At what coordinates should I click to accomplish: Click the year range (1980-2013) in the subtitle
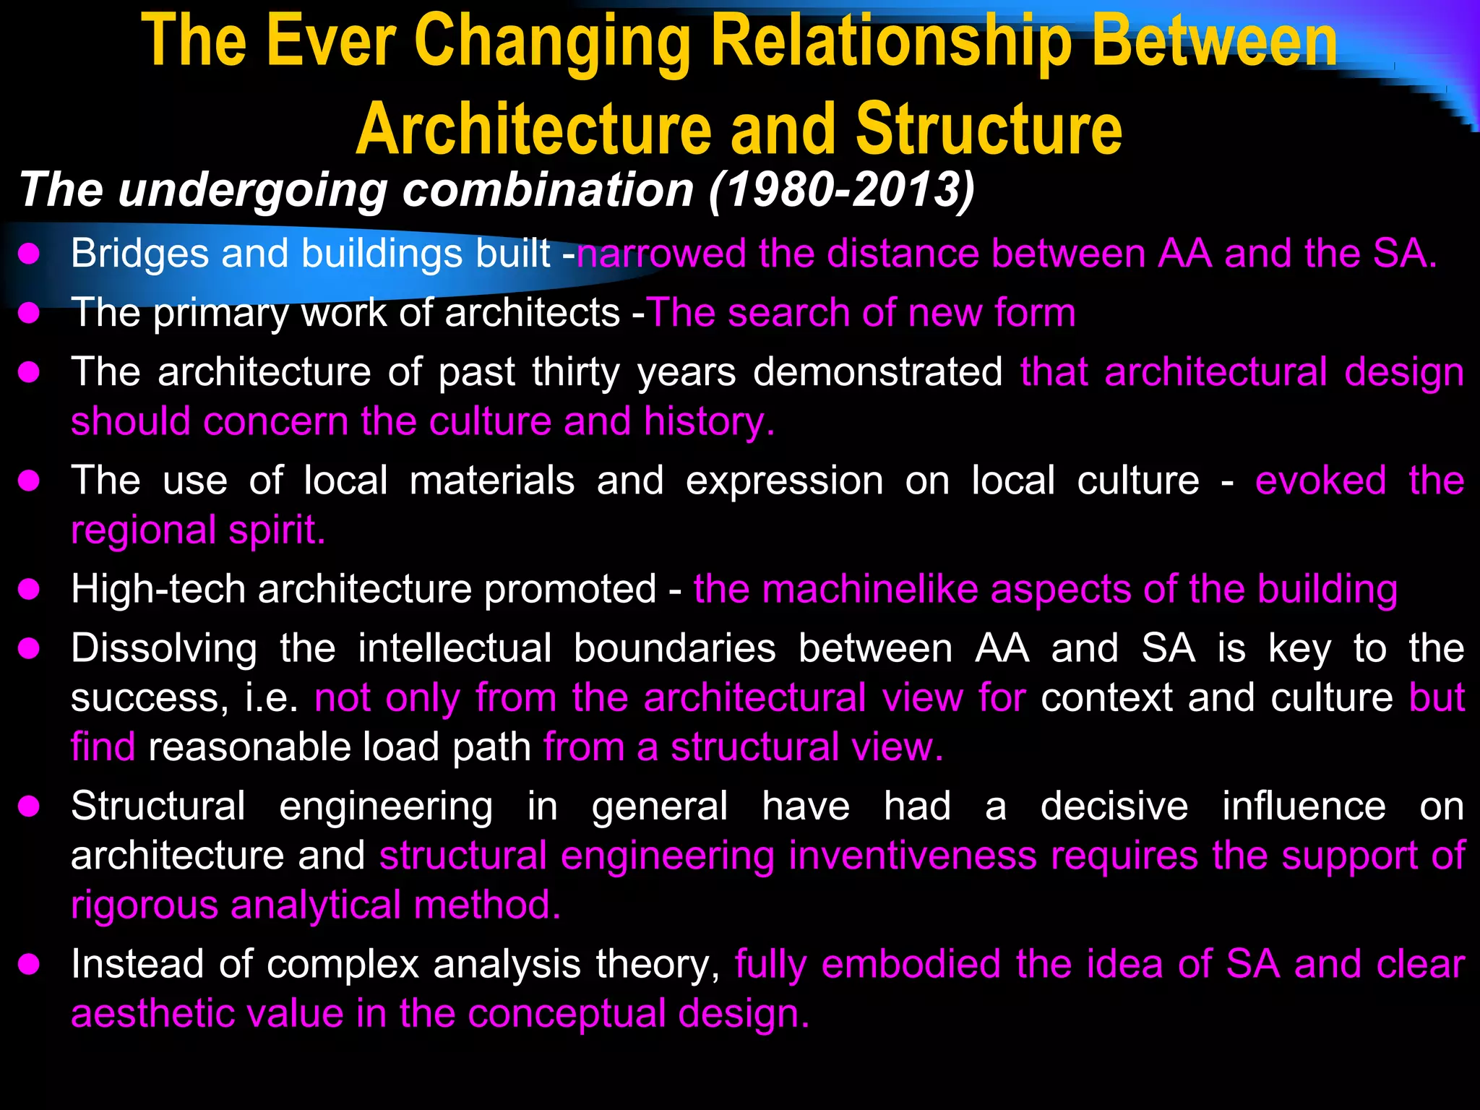(x=841, y=190)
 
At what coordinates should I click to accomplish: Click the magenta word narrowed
(x=661, y=254)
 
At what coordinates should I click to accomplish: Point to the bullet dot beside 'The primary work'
(x=29, y=313)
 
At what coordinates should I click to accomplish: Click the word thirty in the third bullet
(x=576, y=372)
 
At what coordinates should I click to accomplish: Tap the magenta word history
(x=709, y=421)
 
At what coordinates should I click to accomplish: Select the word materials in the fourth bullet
(x=491, y=481)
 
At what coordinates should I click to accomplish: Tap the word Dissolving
(x=163, y=648)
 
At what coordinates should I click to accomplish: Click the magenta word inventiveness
(x=913, y=856)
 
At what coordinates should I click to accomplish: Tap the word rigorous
(x=144, y=905)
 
